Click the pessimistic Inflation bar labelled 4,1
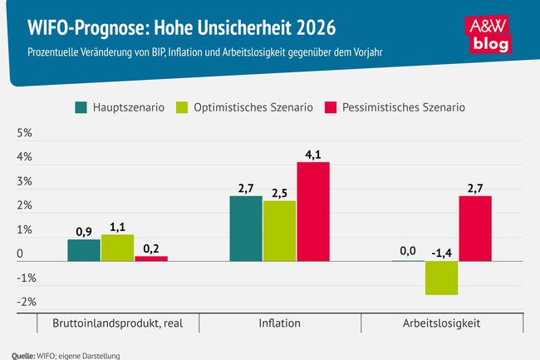click(x=314, y=211)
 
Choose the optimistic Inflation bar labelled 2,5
click(x=280, y=230)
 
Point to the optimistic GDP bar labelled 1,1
click(x=118, y=248)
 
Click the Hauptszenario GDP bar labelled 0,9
click(x=84, y=250)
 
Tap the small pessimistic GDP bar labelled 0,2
click(x=151, y=259)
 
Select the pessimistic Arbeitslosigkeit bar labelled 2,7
click(x=476, y=229)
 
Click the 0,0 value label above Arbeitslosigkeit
click(x=408, y=250)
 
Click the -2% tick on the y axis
click(x=24, y=302)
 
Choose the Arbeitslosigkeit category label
click(x=443, y=323)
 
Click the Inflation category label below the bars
click(x=279, y=323)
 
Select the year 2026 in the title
click(x=312, y=27)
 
